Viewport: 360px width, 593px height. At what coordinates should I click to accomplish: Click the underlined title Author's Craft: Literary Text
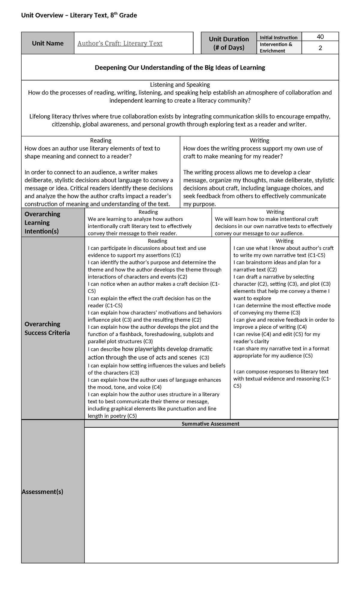120,44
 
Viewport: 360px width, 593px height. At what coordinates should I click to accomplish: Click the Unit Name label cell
48,43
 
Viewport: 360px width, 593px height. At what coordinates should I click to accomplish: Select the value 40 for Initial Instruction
320,37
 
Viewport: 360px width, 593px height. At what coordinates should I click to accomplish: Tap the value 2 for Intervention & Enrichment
320,48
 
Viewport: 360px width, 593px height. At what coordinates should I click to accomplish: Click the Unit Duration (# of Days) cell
229,43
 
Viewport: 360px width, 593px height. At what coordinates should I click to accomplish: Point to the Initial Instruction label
278,38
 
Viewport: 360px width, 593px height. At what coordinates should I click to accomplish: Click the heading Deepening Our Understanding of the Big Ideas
180,68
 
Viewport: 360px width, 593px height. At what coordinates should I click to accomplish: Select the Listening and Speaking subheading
180,85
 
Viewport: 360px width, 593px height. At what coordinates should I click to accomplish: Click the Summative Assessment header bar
210,424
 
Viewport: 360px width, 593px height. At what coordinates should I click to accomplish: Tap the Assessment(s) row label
43,492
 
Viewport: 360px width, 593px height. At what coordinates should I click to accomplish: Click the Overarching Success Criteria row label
47,328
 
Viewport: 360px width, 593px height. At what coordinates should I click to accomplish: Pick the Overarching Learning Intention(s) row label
42,223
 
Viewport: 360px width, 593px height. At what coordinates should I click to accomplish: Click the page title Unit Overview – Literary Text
79,15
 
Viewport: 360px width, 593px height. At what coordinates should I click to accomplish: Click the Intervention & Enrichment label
276,47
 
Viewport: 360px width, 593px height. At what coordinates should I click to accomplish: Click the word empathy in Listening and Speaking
319,116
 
